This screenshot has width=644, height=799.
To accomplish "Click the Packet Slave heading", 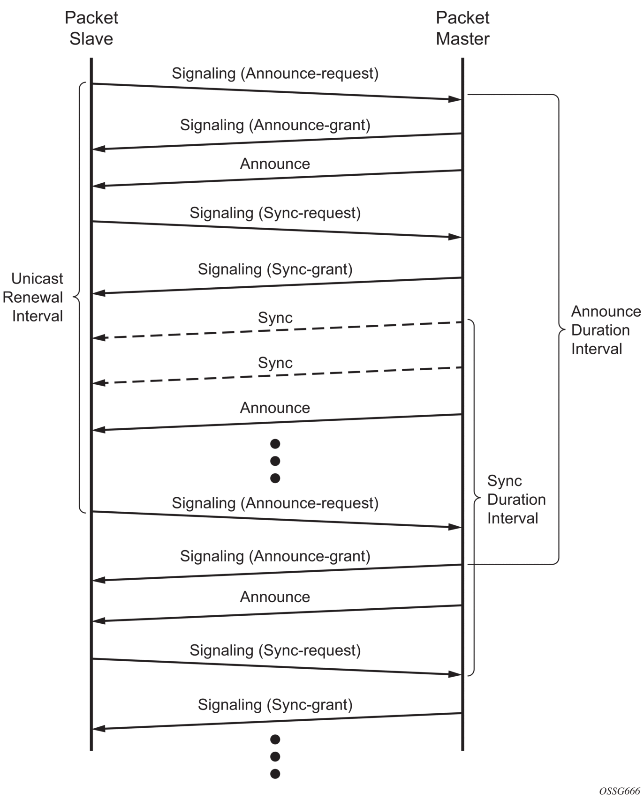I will click(91, 28).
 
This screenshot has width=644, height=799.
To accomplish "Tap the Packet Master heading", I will click(462, 28).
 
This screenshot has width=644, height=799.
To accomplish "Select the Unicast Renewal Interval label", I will click(34, 297).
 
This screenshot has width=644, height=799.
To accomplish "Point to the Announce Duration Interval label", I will click(606, 330).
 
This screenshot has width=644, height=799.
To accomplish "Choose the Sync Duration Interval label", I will click(516, 500).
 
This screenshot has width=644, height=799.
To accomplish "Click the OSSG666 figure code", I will click(619, 791).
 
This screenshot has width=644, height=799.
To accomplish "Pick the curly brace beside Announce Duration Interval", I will click(558, 330).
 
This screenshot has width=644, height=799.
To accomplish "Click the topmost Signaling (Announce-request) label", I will click(275, 74).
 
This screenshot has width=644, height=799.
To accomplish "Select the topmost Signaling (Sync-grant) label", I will click(275, 269).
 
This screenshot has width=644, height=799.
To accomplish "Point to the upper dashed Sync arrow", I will click(277, 330).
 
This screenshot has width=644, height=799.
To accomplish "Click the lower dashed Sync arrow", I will click(277, 375).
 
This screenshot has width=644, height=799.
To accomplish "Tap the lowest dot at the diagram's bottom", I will click(275, 774).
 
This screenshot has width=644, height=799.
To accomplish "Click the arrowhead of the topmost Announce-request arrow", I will click(455, 99).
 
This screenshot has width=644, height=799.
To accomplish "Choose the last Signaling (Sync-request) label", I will click(275, 650).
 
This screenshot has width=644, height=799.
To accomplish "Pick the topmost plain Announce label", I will click(275, 164).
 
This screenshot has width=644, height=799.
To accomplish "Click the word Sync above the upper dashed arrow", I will click(275, 318).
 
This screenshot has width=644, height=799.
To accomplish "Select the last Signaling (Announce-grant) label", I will click(275, 556).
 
